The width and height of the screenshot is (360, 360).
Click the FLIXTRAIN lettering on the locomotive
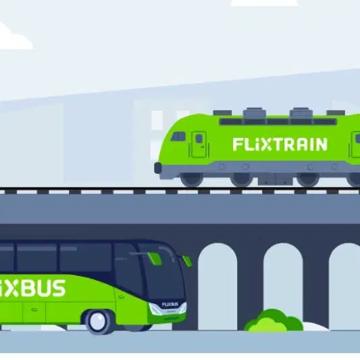(280, 144)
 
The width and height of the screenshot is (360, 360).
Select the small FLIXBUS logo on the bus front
(170, 305)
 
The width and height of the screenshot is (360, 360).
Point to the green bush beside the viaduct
(274, 321)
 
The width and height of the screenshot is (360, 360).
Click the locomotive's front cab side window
(178, 136)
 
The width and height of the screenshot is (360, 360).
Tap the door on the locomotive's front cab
(199, 144)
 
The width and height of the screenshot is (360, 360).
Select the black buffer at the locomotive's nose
(158, 168)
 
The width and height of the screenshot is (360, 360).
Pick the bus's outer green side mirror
(187, 261)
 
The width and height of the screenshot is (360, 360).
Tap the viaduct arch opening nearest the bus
(217, 286)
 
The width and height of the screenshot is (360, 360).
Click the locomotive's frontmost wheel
(192, 178)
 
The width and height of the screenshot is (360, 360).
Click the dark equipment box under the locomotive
(275, 179)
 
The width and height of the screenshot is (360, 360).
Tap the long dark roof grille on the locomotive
(278, 122)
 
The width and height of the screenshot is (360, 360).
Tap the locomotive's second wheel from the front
(242, 179)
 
